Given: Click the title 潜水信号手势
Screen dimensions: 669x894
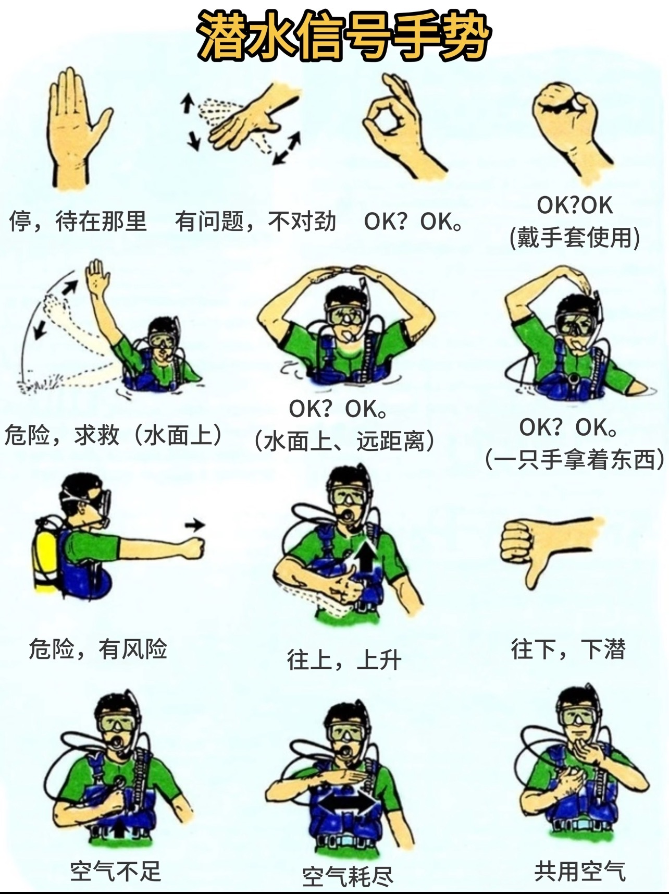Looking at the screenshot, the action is [x=343, y=36].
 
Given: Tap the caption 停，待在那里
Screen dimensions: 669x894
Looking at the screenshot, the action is [x=78, y=221].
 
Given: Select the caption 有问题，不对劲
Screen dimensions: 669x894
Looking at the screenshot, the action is [x=255, y=221].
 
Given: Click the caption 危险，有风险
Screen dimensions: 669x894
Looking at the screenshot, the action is [x=98, y=650].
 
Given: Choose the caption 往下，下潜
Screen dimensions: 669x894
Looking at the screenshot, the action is [x=568, y=650].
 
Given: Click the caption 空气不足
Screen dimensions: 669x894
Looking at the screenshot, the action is [x=116, y=871].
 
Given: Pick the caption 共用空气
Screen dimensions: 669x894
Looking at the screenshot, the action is [x=580, y=871].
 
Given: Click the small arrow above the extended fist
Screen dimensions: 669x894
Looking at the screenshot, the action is [x=195, y=525].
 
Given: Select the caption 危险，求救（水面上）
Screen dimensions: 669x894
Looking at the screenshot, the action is [x=114, y=435].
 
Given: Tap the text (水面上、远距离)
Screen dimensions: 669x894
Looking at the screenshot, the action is [x=344, y=441].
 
